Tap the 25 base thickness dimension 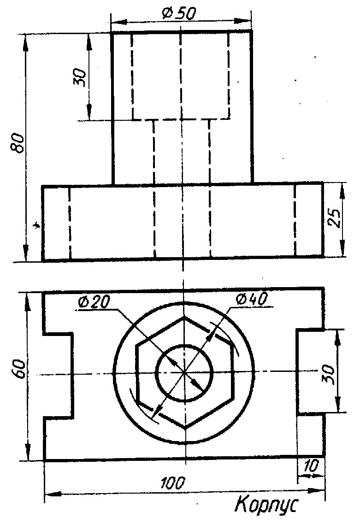click(336, 220)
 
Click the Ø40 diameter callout click(251, 299)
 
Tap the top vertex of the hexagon click(184, 317)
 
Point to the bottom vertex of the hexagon click(184, 428)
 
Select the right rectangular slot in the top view click(311, 371)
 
